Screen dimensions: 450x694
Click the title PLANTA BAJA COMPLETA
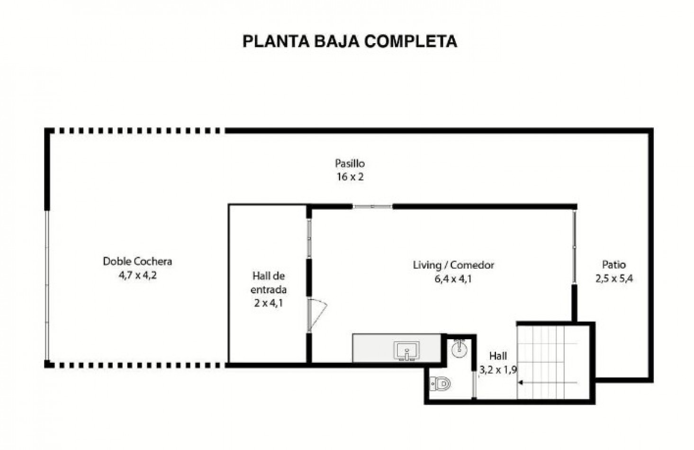pyautogui.click(x=350, y=41)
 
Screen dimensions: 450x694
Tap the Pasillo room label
pyautogui.click(x=350, y=163)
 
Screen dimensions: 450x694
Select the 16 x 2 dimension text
pyautogui.click(x=350, y=178)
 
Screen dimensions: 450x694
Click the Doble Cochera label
pyautogui.click(x=137, y=261)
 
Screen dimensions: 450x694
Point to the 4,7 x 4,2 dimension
pyautogui.click(x=137, y=275)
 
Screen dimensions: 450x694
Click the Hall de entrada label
pyautogui.click(x=268, y=282)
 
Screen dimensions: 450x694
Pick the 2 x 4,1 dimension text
pyautogui.click(x=268, y=303)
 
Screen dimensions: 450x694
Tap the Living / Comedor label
pyautogui.click(x=453, y=265)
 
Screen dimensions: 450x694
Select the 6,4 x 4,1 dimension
pyautogui.click(x=453, y=279)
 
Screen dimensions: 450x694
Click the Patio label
pyautogui.click(x=613, y=264)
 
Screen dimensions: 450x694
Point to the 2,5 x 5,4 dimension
pyautogui.click(x=613, y=279)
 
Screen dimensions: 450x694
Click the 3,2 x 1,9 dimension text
pyautogui.click(x=497, y=370)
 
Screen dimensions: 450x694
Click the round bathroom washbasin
pyautogui.click(x=459, y=349)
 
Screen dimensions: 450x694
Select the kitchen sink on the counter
pyautogui.click(x=406, y=351)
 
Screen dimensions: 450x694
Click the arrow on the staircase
pyautogui.click(x=521, y=382)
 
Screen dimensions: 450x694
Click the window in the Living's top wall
pyautogui.click(x=372, y=207)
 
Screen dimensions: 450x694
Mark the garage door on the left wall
pyautogui.click(x=46, y=284)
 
